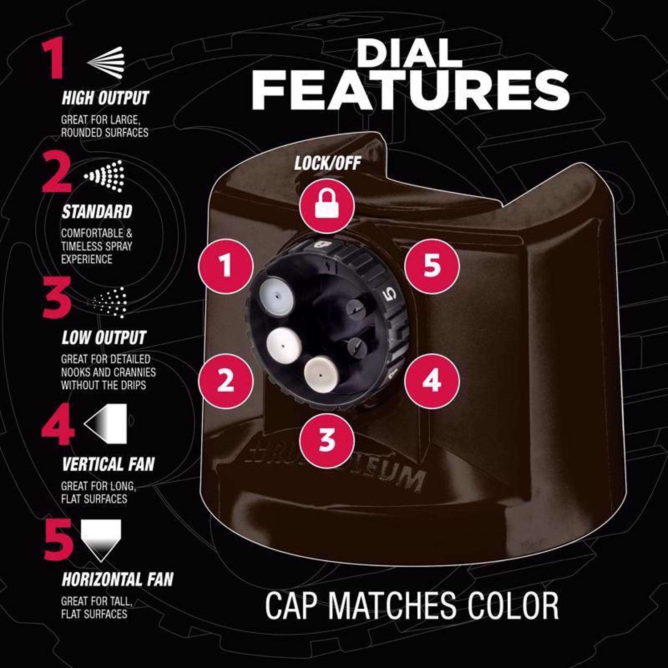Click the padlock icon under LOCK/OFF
coord(327,206)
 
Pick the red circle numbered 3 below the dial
coord(327,439)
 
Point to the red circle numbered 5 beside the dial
coord(432,266)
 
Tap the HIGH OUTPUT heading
coord(105,98)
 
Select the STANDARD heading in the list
coord(97,212)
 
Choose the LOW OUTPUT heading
coord(104,338)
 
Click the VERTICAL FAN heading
coord(108,464)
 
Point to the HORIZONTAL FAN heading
coord(118,579)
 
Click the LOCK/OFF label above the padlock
coord(327,163)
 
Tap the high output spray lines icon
coord(106,62)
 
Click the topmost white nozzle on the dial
coord(277,294)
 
